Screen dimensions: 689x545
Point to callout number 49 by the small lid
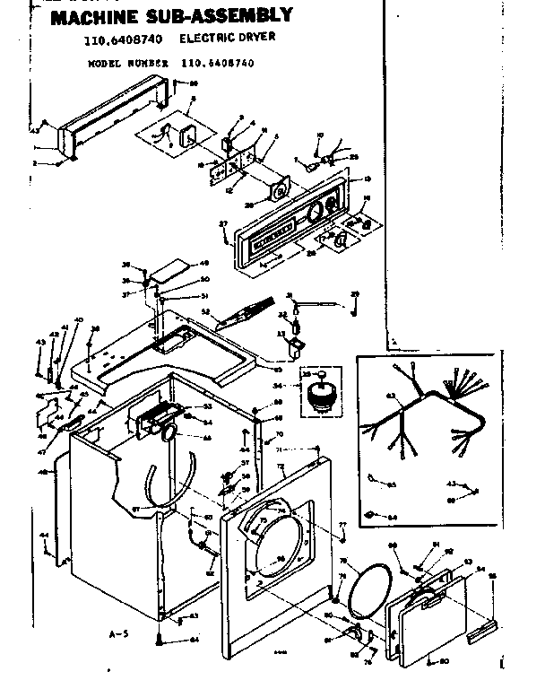click(x=203, y=264)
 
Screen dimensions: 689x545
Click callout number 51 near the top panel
click(x=203, y=296)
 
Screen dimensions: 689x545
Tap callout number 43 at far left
click(x=39, y=343)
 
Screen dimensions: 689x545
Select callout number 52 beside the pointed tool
click(x=205, y=312)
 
